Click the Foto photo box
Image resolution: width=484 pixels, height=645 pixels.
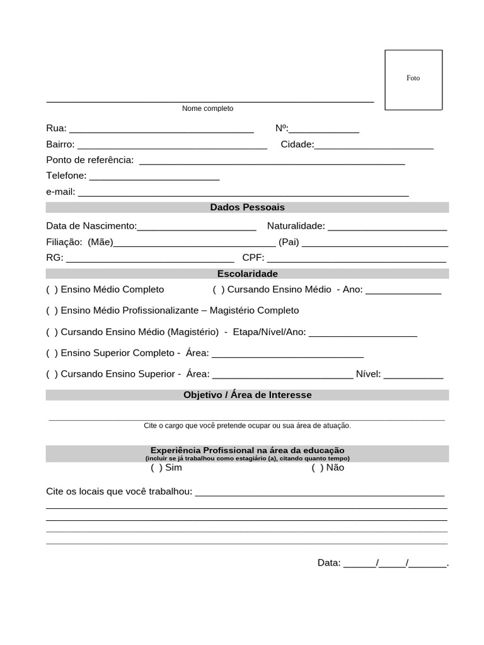(x=413, y=80)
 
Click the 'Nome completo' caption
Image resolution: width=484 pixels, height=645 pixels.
(x=207, y=108)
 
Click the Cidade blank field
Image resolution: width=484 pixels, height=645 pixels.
(x=374, y=145)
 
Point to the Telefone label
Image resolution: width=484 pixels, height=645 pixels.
(x=66, y=176)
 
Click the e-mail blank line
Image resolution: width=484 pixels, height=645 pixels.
(x=243, y=192)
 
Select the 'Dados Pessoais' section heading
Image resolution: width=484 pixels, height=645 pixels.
(x=247, y=207)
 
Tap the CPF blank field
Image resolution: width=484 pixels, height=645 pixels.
(x=357, y=258)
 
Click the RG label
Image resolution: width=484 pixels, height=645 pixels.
(x=54, y=258)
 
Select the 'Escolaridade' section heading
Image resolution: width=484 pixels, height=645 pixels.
(x=247, y=273)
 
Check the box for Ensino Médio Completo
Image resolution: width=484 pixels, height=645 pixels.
(x=52, y=290)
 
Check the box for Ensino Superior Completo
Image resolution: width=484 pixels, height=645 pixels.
(x=52, y=353)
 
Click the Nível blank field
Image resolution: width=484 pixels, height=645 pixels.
(x=413, y=374)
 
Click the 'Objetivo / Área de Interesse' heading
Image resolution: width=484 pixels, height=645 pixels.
(x=247, y=395)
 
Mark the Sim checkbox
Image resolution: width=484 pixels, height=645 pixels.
(x=156, y=468)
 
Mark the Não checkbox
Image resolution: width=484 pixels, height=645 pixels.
(x=317, y=468)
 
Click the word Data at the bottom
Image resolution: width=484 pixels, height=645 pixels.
(x=329, y=563)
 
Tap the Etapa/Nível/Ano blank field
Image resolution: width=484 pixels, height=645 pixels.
(x=363, y=333)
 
